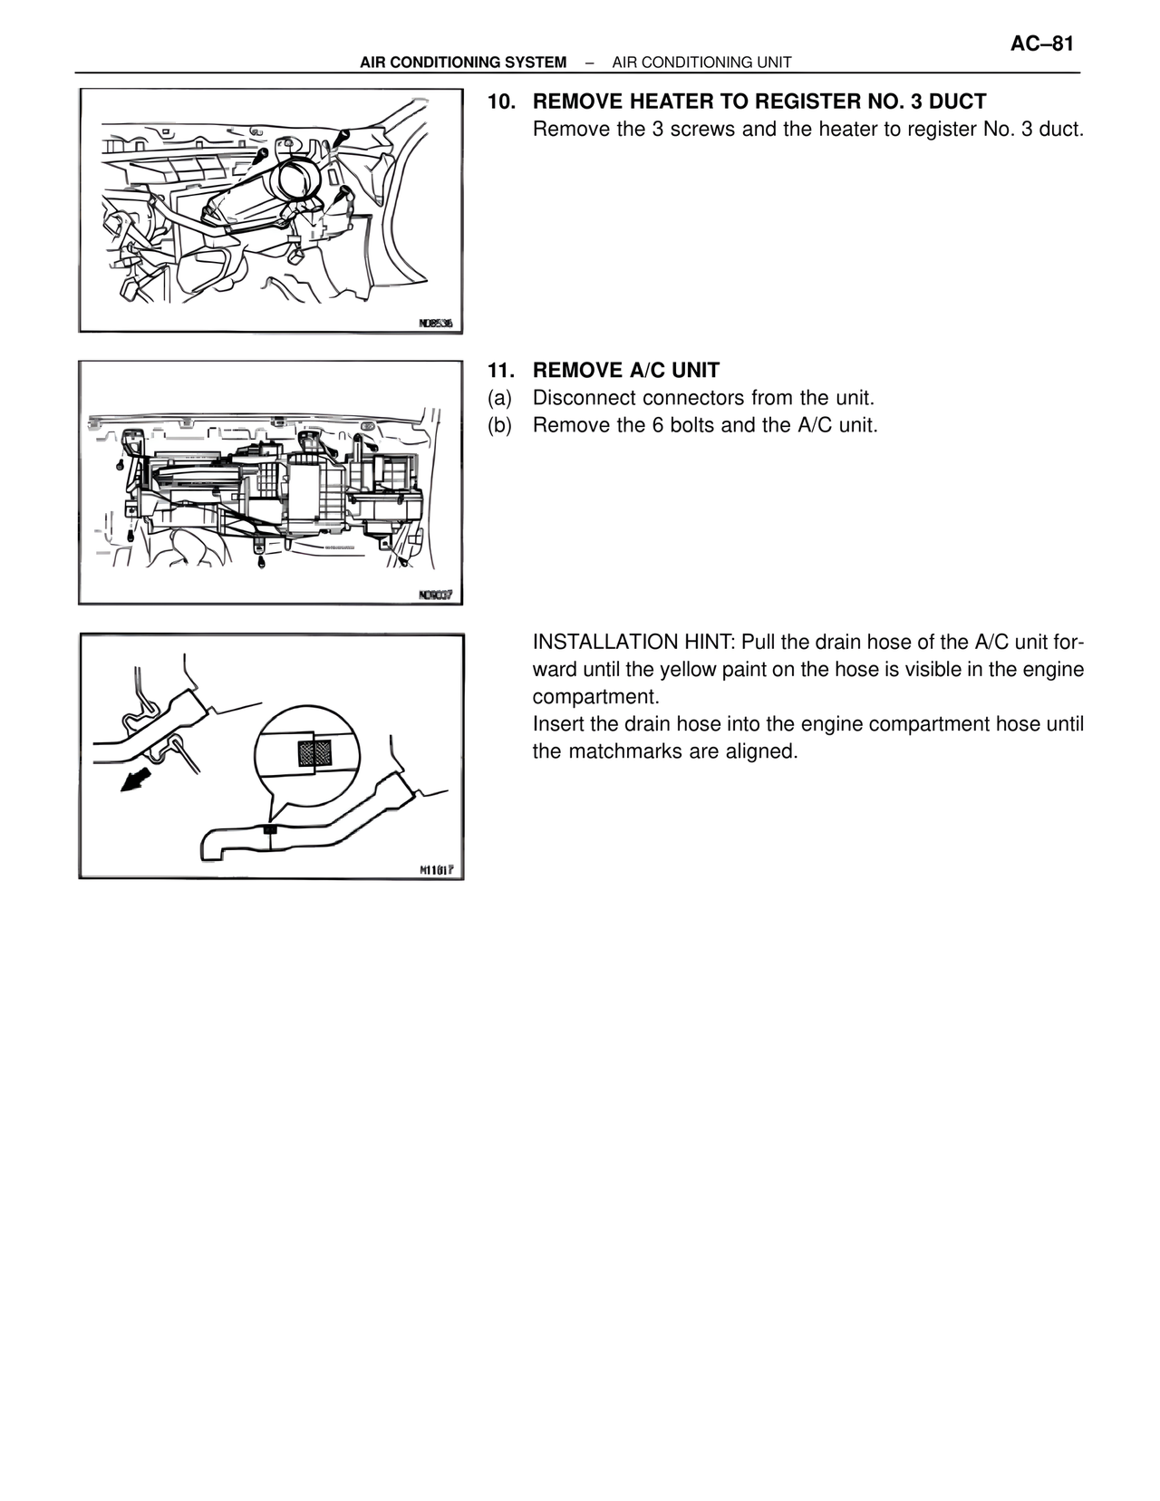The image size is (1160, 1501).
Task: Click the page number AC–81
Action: point(1041,44)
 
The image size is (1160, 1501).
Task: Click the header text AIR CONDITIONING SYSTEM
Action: point(462,63)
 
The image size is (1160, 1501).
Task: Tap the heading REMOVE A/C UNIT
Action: point(625,371)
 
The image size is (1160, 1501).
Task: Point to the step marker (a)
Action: point(499,398)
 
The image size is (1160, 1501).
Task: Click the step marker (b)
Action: point(499,425)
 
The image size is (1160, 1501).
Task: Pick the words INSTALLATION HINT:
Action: point(633,643)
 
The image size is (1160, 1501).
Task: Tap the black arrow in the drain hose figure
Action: point(137,778)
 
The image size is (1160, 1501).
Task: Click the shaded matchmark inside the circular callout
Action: point(314,752)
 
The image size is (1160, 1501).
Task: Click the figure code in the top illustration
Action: point(435,323)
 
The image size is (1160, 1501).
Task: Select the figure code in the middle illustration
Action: point(435,595)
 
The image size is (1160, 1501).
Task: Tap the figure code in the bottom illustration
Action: point(435,869)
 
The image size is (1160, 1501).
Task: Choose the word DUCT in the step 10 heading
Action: point(959,102)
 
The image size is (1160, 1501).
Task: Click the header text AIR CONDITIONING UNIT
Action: point(701,63)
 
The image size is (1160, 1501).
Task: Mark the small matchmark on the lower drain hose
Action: point(270,829)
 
